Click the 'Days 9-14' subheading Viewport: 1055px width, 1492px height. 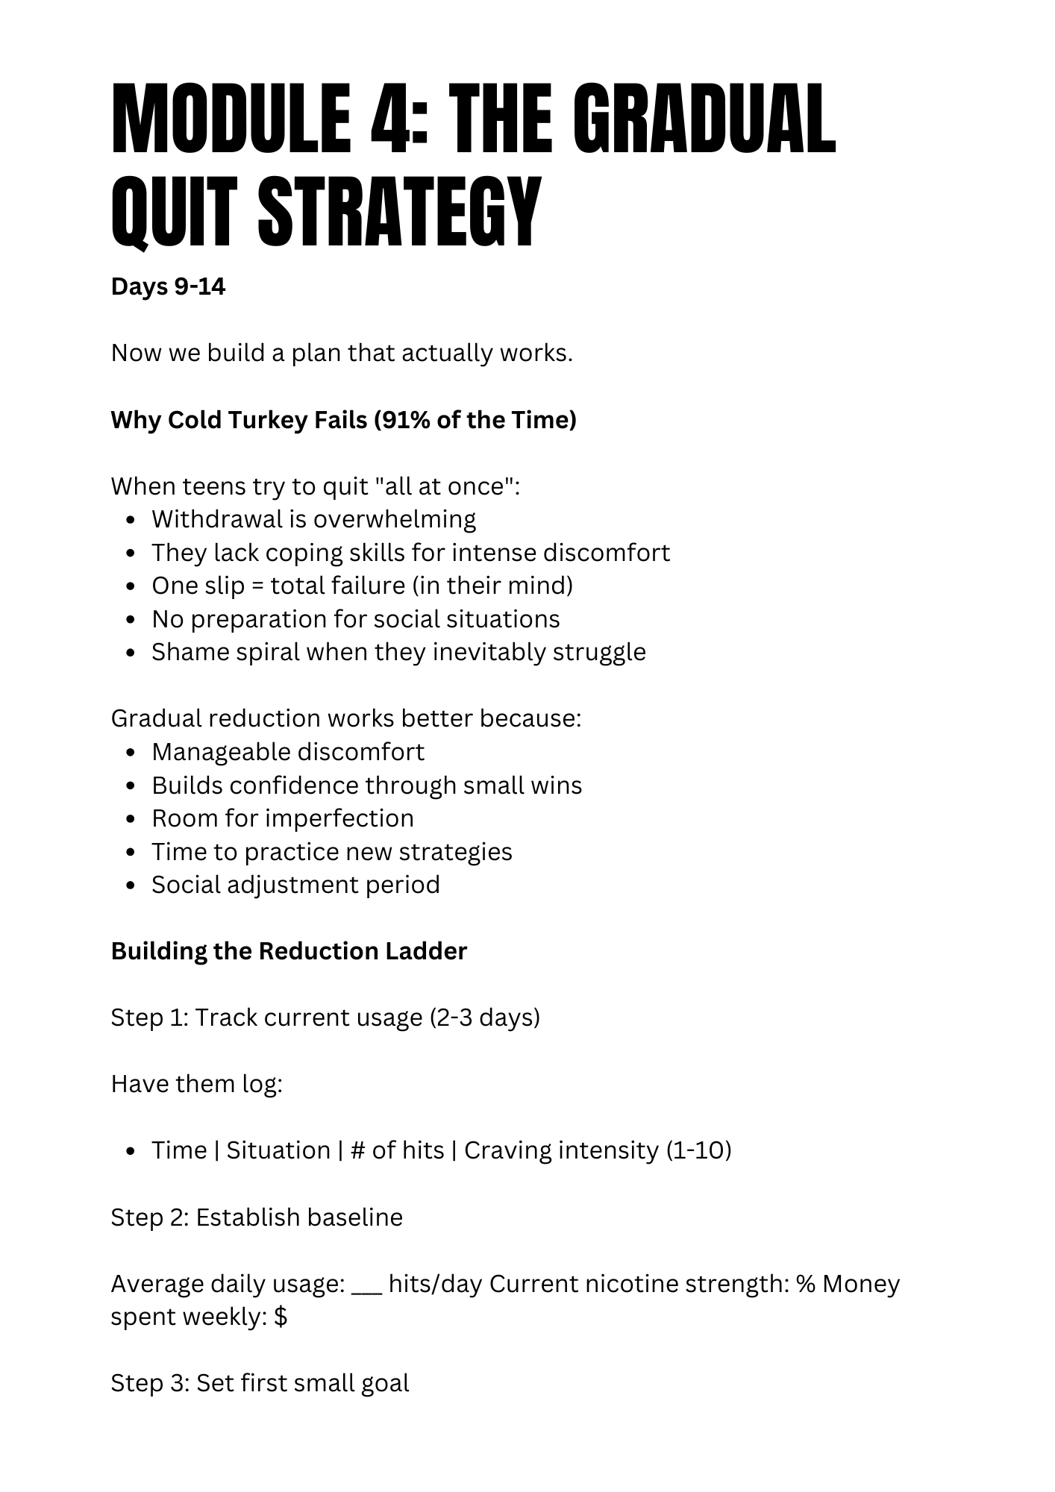coord(168,286)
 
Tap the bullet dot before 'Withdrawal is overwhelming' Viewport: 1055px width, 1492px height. coord(131,520)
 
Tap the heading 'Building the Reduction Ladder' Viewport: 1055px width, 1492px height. coord(289,951)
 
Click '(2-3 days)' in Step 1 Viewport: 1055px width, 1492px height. coord(484,1018)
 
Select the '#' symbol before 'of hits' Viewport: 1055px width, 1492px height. coord(357,1150)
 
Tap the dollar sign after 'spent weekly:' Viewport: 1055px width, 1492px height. coord(281,1317)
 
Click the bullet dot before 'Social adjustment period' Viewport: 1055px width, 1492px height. coord(131,886)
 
